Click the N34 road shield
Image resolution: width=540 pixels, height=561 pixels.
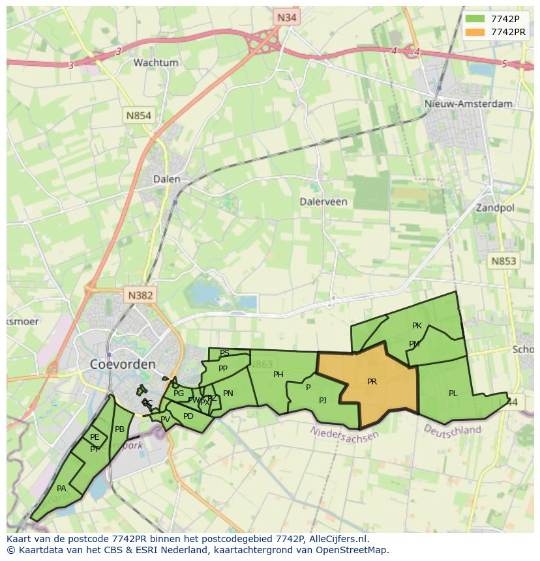286,18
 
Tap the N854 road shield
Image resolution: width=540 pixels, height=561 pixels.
138,116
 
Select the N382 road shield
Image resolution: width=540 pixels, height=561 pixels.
140,295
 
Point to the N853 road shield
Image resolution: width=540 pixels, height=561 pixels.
503,261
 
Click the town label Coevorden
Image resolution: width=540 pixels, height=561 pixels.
123,364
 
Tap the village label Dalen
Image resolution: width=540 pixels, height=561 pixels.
166,179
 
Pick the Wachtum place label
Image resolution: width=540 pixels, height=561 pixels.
156,63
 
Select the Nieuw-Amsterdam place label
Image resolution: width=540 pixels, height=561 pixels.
468,104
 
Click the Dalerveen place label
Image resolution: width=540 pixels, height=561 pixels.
323,202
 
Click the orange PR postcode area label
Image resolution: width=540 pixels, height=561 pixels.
372,382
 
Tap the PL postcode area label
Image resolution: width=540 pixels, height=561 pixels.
453,394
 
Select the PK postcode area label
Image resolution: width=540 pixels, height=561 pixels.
417,326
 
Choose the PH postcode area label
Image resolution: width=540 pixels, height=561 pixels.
278,375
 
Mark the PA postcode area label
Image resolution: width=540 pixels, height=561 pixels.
61,489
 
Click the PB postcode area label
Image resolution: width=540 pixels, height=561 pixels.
119,429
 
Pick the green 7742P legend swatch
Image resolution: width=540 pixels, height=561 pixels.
476,19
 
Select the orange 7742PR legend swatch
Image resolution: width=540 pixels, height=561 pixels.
476,32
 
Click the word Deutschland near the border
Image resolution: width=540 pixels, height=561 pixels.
453,430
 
